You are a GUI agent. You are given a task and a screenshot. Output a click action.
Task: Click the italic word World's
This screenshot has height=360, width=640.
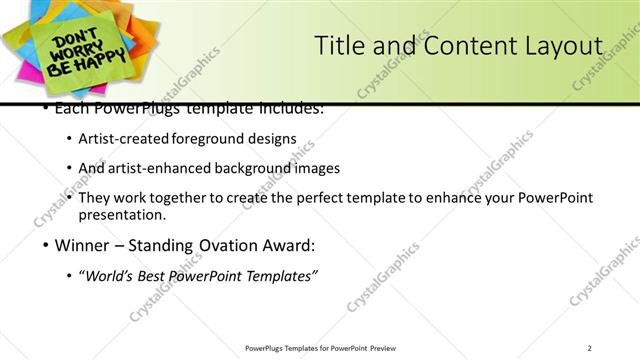click(x=111, y=276)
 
